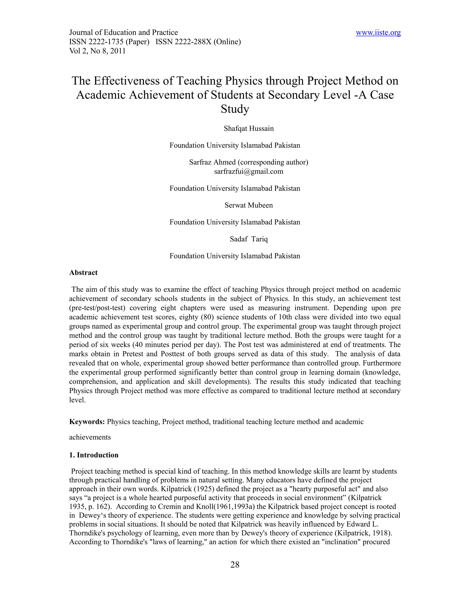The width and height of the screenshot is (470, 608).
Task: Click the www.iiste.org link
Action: click(x=378, y=33)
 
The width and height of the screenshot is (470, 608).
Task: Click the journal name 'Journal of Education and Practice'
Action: click(x=123, y=33)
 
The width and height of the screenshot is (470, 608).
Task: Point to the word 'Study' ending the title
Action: click(x=235, y=109)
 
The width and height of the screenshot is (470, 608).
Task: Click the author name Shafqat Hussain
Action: click(x=249, y=129)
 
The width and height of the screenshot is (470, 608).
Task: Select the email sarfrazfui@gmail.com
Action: click(x=249, y=171)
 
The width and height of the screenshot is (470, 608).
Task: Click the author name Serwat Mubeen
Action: click(x=249, y=205)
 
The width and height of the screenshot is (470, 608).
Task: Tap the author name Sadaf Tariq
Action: click(x=249, y=239)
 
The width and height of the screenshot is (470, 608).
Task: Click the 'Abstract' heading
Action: click(x=83, y=273)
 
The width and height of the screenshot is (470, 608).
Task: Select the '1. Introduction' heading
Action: click(x=94, y=455)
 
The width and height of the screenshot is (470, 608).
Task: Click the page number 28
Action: click(x=235, y=565)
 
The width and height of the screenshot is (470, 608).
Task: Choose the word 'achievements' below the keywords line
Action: click(x=90, y=437)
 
